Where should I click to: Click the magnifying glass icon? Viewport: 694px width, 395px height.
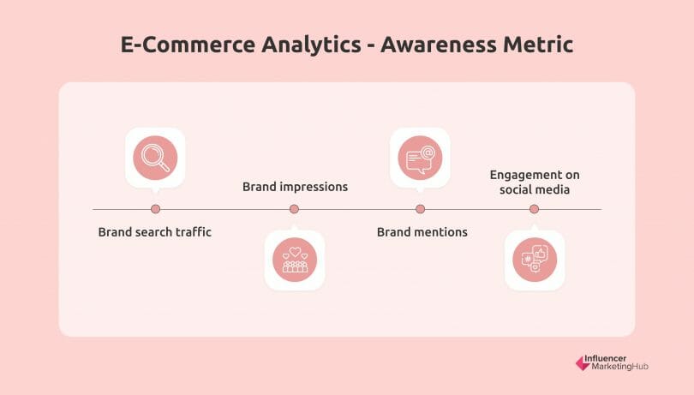coord(155,158)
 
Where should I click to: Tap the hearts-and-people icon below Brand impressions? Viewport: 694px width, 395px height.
coord(295,259)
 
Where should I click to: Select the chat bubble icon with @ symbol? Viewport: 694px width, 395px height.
coord(420,158)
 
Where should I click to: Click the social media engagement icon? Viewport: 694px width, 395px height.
coord(534,259)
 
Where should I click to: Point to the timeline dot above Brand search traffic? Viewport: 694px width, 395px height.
coord(155,209)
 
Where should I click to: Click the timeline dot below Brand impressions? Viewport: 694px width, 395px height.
coord(294,209)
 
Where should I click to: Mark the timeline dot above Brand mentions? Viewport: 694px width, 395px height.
coord(420,209)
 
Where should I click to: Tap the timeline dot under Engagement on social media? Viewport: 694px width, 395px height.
coord(534,209)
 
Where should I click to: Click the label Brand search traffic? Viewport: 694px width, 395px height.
coord(154,232)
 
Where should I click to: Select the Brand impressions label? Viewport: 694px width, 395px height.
coord(295,186)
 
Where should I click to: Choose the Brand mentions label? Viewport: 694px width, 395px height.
coord(422,232)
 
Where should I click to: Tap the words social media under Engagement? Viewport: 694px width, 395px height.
coord(535,190)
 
